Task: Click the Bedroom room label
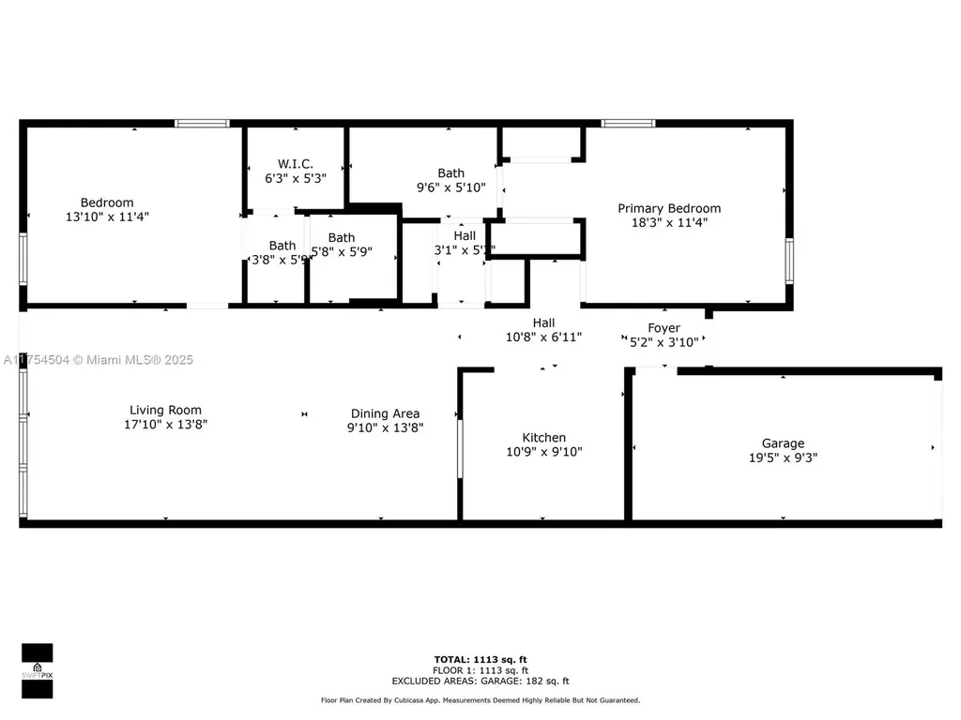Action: point(107,202)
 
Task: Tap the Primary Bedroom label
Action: point(669,208)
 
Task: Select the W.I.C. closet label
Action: point(296,163)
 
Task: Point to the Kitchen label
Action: point(544,437)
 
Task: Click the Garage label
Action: point(783,443)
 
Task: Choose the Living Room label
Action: point(165,410)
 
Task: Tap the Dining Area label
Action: point(385,413)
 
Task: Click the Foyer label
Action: point(664,327)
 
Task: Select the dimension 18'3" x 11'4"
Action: point(669,223)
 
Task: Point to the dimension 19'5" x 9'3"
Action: point(783,458)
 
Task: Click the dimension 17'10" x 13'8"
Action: point(165,425)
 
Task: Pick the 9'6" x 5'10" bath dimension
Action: point(451,187)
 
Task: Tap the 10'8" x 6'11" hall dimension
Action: point(544,337)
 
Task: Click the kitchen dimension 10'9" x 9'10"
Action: point(544,452)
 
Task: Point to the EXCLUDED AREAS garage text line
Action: point(480,682)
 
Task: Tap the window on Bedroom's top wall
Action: point(203,123)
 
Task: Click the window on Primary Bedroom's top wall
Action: point(628,123)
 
